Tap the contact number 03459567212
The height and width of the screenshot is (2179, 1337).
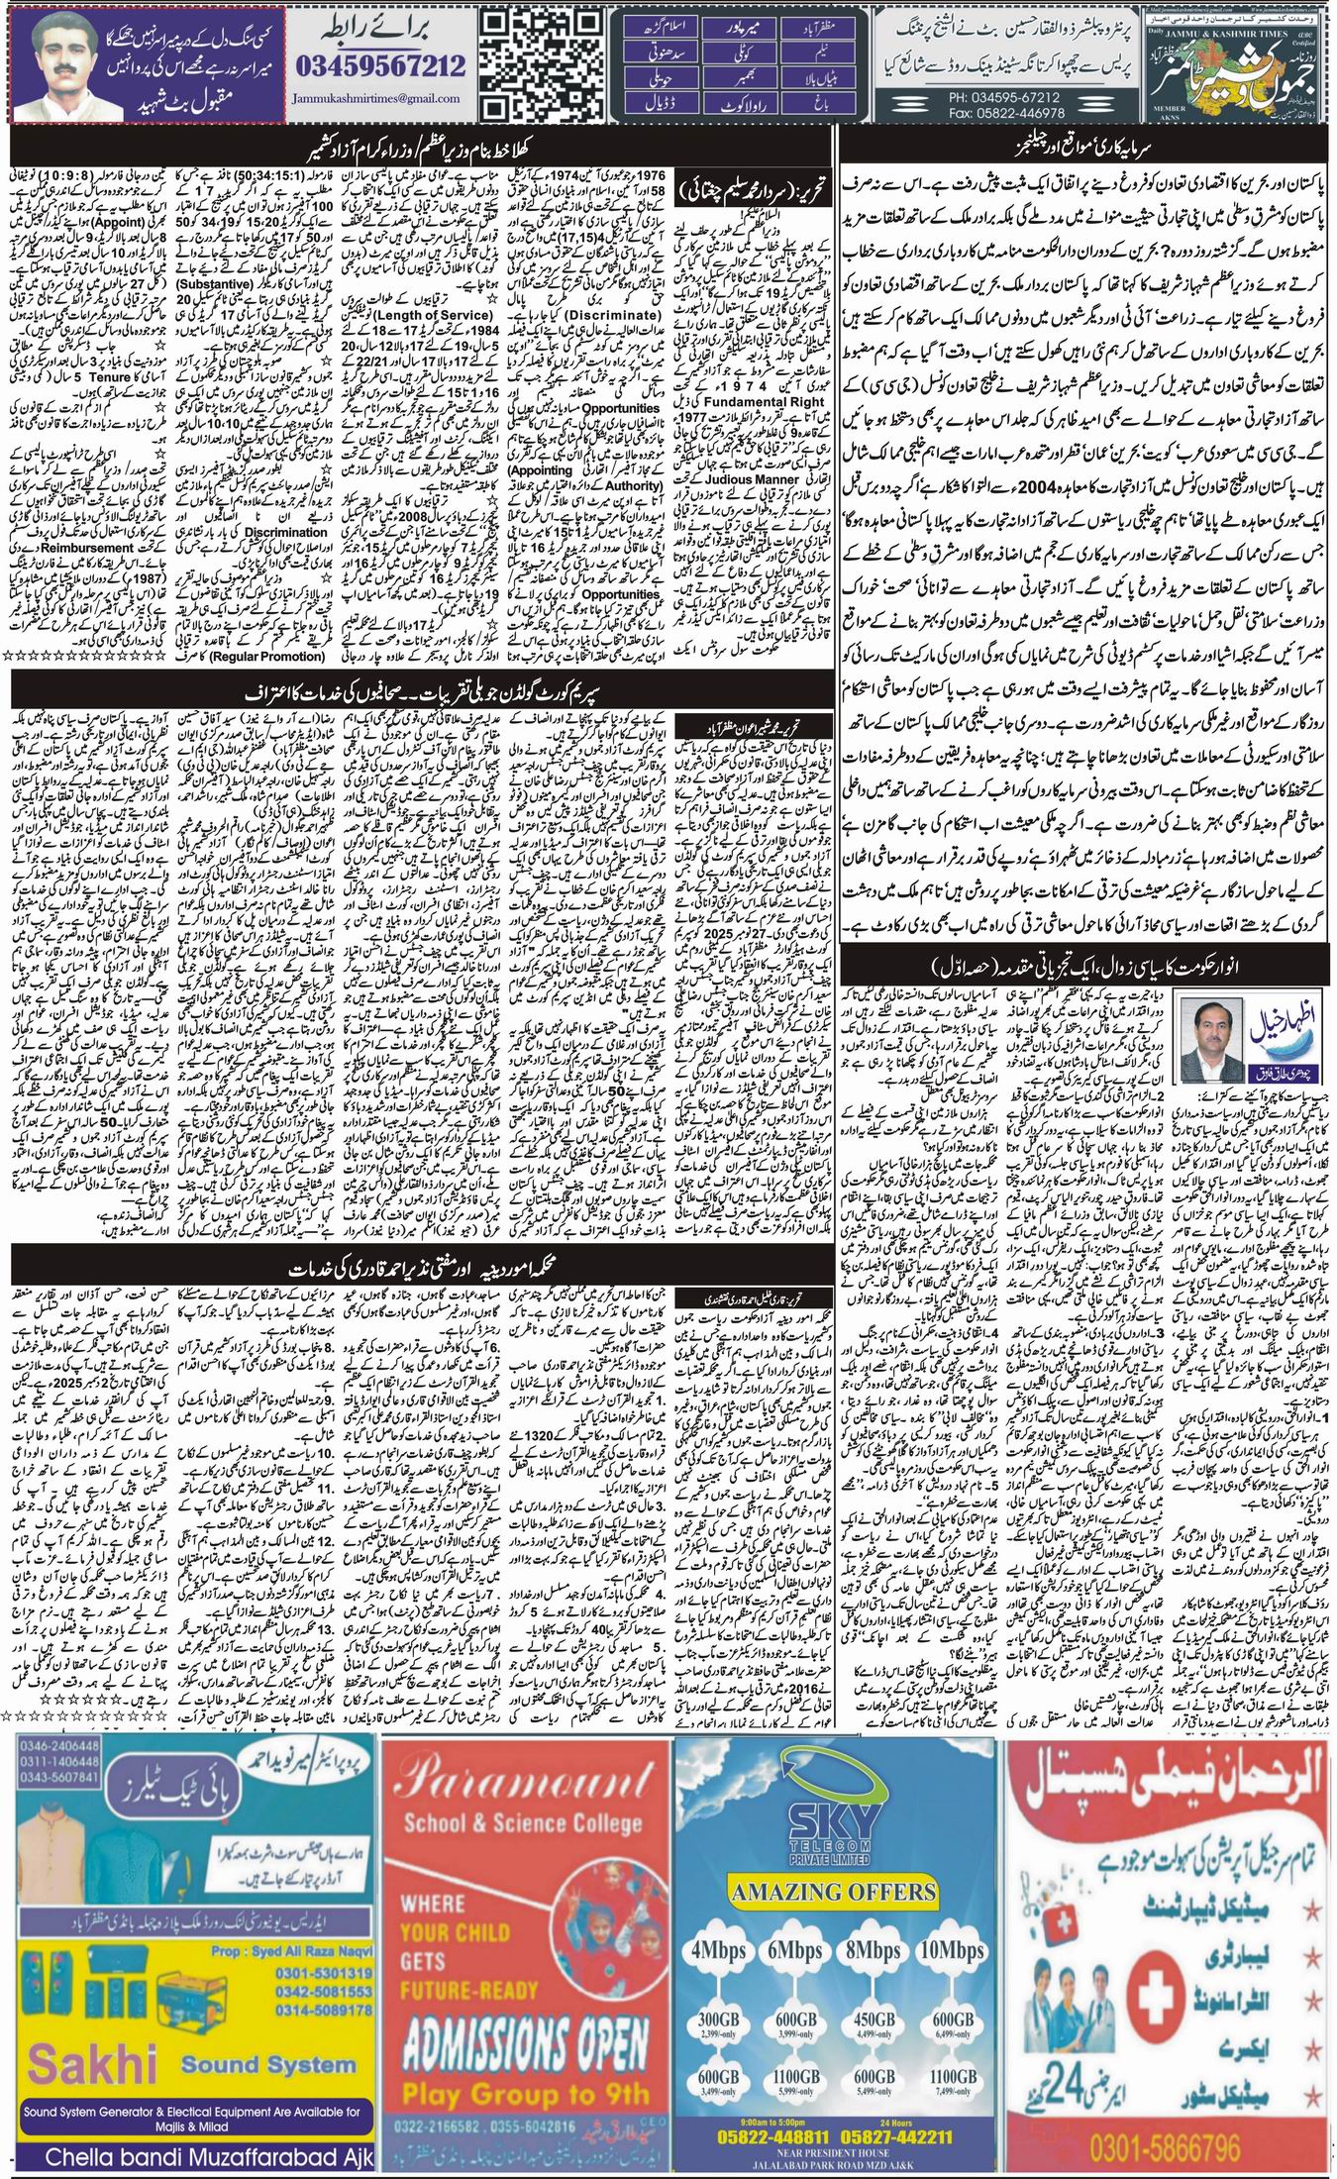click(x=380, y=66)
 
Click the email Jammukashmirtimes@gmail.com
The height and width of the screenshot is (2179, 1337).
click(x=377, y=99)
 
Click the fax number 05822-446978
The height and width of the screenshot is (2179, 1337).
click(x=1003, y=112)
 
